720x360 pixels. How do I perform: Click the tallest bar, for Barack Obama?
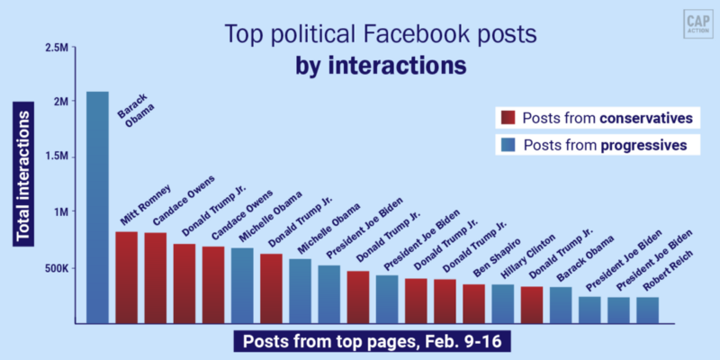coord(97,207)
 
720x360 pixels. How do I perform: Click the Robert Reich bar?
coord(648,310)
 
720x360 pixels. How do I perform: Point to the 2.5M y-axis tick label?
coord(56,45)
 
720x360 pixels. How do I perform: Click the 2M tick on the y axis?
coord(60,101)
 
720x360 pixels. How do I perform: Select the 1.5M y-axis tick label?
coord(56,157)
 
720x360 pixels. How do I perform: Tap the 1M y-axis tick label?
coord(60,212)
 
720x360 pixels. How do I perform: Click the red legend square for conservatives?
coord(507,118)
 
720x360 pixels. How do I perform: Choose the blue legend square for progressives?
coord(507,144)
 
